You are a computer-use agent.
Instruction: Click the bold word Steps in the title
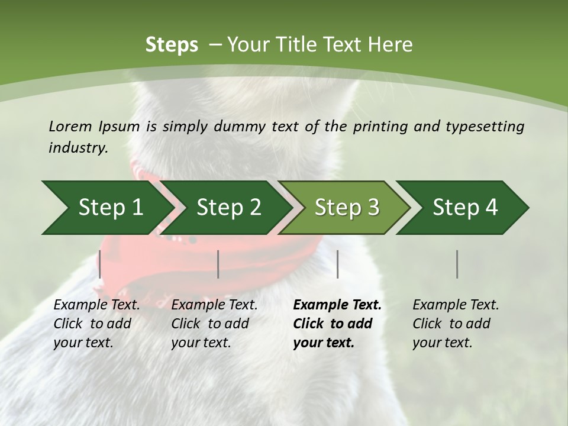tap(172, 45)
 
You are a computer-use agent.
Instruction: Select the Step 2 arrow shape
tap(228, 208)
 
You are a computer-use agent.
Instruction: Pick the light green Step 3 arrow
tap(347, 208)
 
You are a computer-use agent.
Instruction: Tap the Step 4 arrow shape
tap(465, 208)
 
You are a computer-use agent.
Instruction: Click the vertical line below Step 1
tap(100, 264)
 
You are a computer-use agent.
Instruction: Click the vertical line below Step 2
tap(218, 264)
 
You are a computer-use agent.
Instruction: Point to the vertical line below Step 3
tap(338, 264)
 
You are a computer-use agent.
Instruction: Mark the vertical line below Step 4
tap(457, 264)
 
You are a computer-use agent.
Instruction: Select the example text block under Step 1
tap(96, 324)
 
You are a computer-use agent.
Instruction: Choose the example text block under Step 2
tap(214, 324)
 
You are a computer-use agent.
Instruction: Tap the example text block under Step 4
tap(456, 324)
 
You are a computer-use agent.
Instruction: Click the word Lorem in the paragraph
tap(70, 126)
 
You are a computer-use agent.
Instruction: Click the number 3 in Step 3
tap(373, 208)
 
